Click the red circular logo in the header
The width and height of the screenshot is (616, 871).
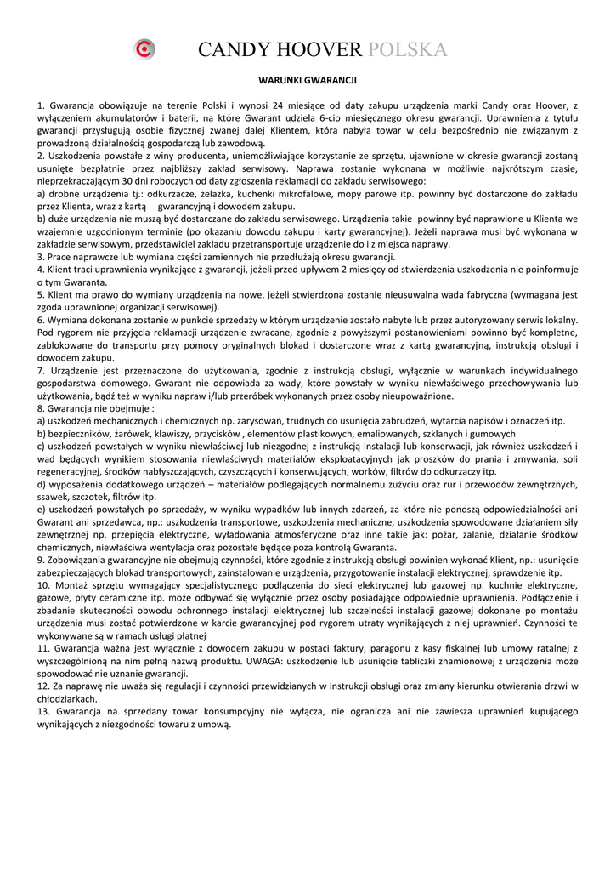coord(146,50)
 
